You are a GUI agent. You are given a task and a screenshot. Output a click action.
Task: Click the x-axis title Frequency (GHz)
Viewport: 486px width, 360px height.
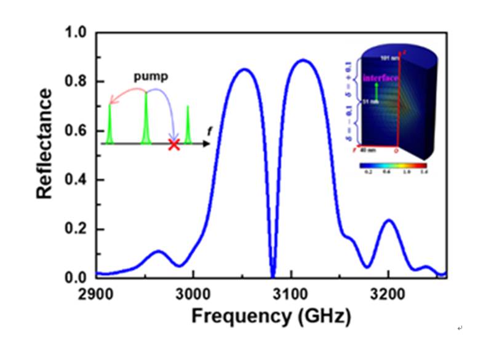(271, 316)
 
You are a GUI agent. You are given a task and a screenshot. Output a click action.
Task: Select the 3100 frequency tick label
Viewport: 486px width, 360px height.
(290, 292)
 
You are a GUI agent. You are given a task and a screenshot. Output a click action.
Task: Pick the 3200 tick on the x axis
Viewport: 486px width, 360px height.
(388, 292)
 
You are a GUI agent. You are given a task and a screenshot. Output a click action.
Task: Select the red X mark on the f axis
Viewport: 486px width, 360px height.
(174, 145)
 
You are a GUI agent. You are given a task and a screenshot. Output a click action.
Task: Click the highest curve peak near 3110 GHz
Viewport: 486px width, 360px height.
(303, 60)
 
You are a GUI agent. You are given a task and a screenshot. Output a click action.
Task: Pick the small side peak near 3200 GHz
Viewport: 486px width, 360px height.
(388, 220)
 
